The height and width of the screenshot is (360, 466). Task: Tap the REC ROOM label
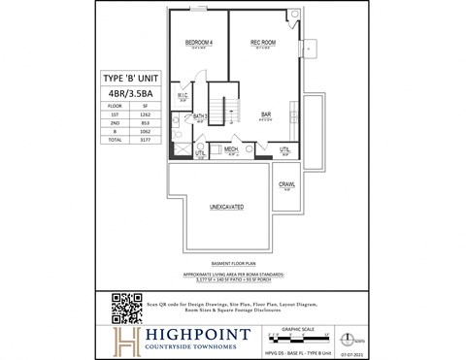264,44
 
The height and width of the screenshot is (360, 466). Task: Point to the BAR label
265,114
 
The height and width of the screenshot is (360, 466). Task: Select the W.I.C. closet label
183,95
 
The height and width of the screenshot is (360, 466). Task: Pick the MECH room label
232,149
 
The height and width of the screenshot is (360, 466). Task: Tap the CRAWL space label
287,184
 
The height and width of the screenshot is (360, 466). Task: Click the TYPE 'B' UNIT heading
130,78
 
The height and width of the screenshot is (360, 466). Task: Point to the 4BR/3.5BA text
130,93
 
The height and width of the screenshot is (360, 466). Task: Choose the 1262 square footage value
145,114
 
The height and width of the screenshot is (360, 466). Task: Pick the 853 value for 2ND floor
145,122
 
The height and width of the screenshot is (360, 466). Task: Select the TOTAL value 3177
145,141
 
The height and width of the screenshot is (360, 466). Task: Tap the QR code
127,307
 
